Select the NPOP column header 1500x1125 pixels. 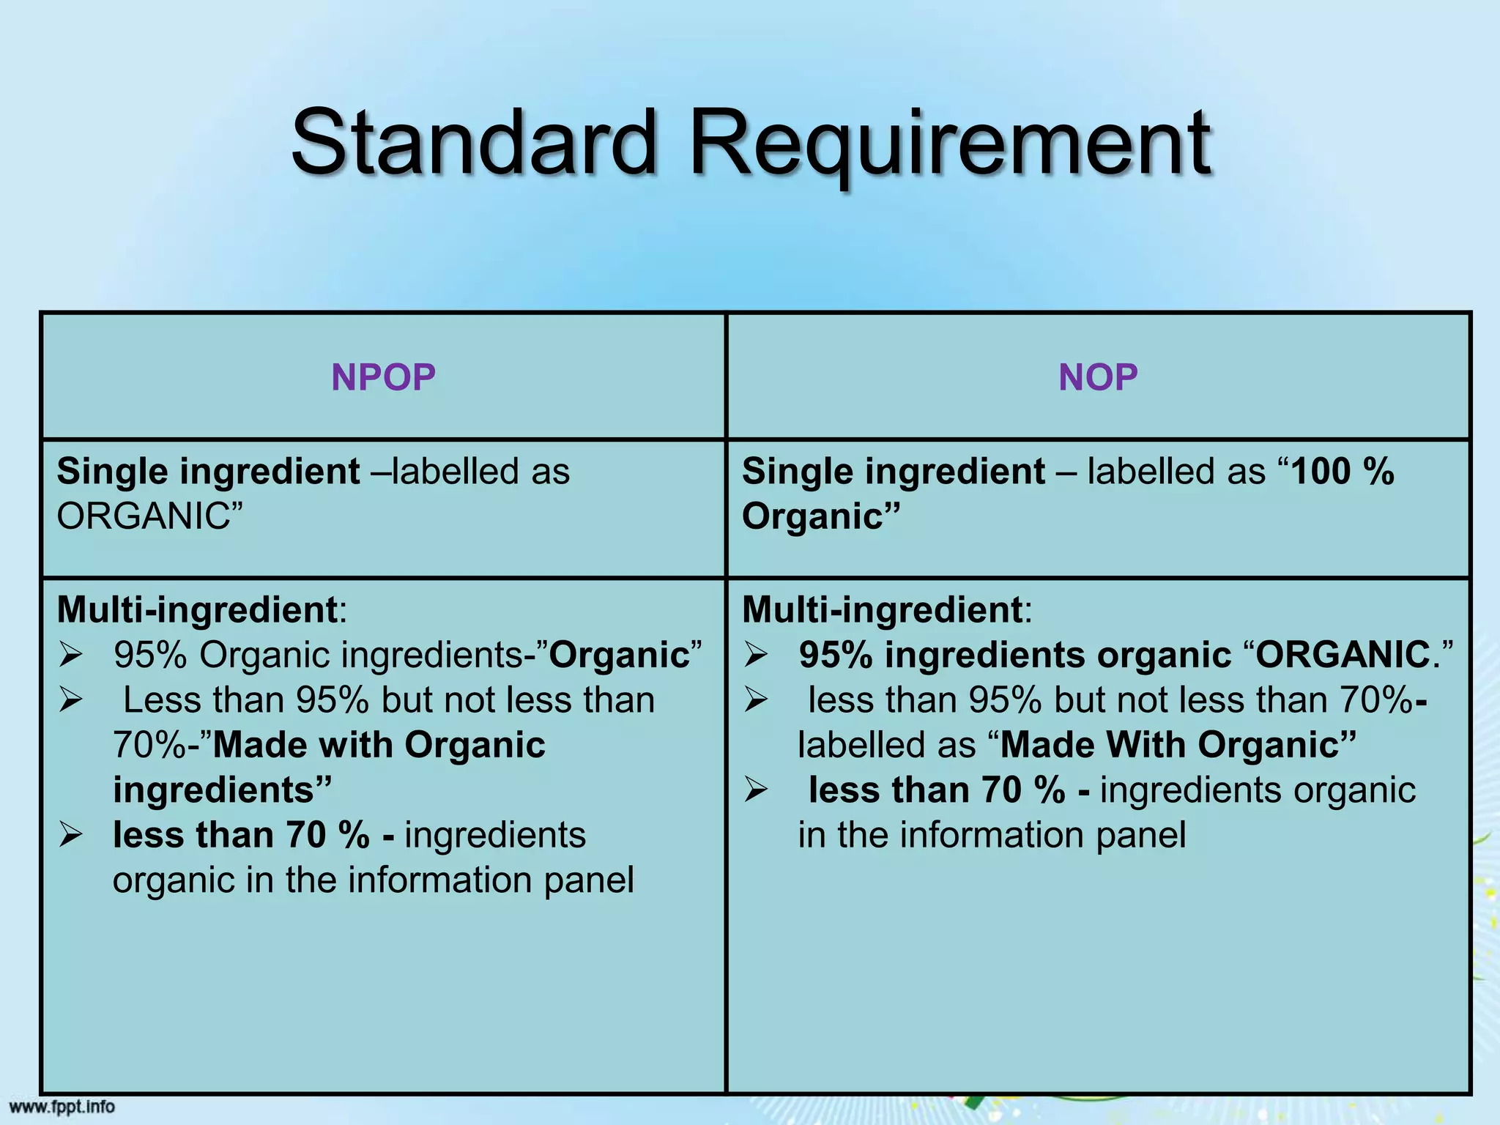(x=383, y=377)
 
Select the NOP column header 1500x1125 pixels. (x=1098, y=377)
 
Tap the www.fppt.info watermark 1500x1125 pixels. (x=62, y=1106)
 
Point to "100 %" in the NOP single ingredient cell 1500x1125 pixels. (x=1342, y=471)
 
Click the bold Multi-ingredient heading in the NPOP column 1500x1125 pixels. (x=197, y=609)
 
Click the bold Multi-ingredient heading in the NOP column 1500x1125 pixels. (x=882, y=609)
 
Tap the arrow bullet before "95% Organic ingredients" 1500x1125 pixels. (x=71, y=654)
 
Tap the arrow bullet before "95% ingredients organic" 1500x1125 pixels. (x=756, y=654)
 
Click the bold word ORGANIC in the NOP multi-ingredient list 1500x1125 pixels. (x=1343, y=655)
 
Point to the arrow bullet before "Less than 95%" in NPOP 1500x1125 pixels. (x=71, y=699)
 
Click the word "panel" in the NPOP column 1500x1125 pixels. (x=588, y=880)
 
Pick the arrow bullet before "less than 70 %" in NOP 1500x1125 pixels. (x=756, y=790)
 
